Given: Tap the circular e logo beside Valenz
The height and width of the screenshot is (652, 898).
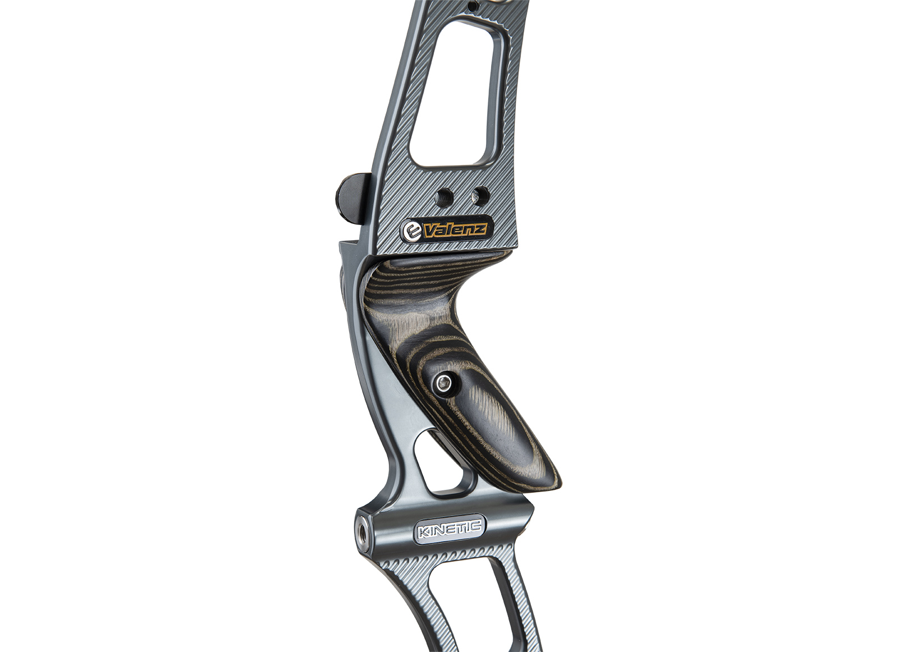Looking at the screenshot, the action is [x=411, y=231].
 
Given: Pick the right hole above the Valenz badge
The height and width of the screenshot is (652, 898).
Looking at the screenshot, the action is [x=480, y=195].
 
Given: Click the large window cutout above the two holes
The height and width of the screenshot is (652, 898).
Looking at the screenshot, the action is [x=456, y=91].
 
